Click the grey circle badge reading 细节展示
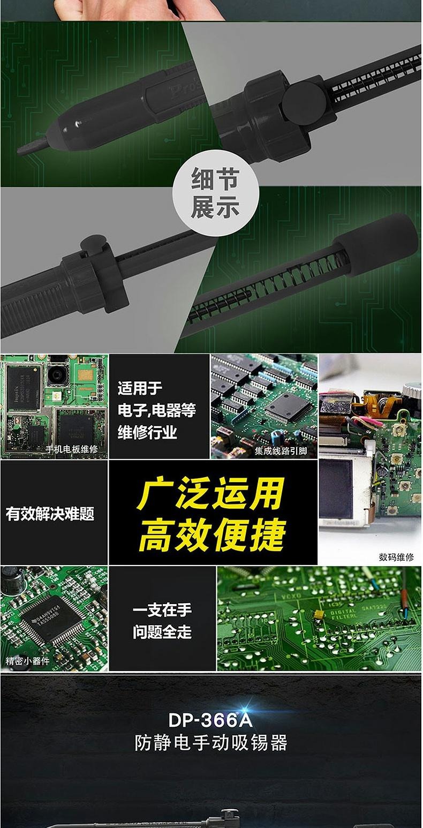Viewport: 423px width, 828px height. [216, 193]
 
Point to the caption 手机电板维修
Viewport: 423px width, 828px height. [72, 449]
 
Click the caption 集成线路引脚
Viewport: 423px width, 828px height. [281, 450]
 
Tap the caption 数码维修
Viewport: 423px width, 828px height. [396, 557]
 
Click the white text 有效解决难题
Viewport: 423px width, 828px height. [50, 514]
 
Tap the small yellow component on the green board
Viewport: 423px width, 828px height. [319, 614]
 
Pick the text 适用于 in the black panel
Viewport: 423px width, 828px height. [140, 388]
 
